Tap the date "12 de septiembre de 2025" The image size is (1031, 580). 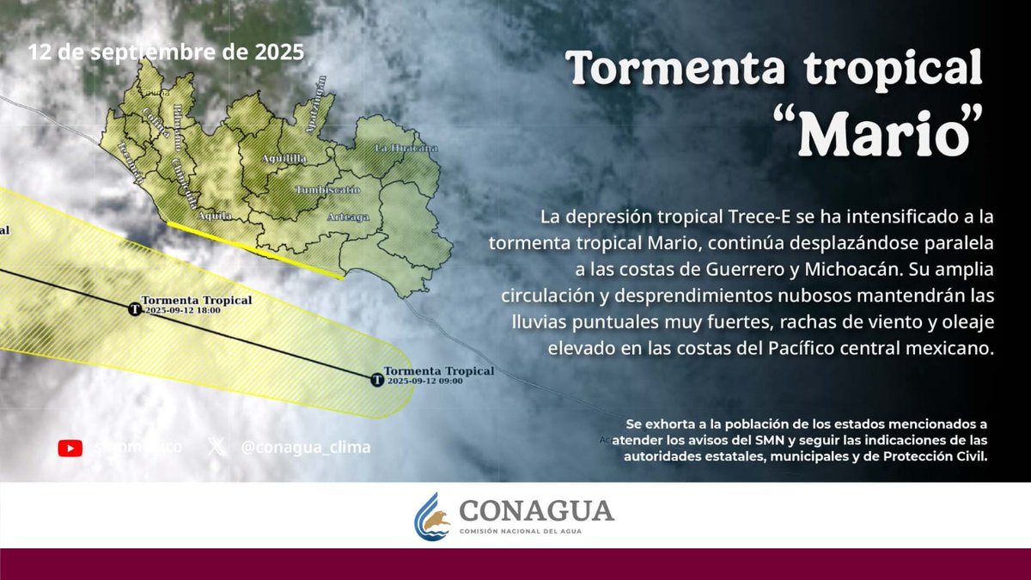click(x=167, y=52)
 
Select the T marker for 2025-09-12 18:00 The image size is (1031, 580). click(x=134, y=309)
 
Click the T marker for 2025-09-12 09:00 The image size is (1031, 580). click(x=376, y=379)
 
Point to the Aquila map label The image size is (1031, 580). click(x=215, y=217)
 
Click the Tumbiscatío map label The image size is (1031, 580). click(x=327, y=189)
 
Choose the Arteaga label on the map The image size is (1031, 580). click(x=348, y=217)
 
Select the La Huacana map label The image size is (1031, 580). click(x=406, y=148)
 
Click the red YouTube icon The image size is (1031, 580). click(x=70, y=448)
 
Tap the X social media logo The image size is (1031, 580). click(x=217, y=448)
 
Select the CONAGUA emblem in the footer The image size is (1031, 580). click(x=432, y=516)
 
